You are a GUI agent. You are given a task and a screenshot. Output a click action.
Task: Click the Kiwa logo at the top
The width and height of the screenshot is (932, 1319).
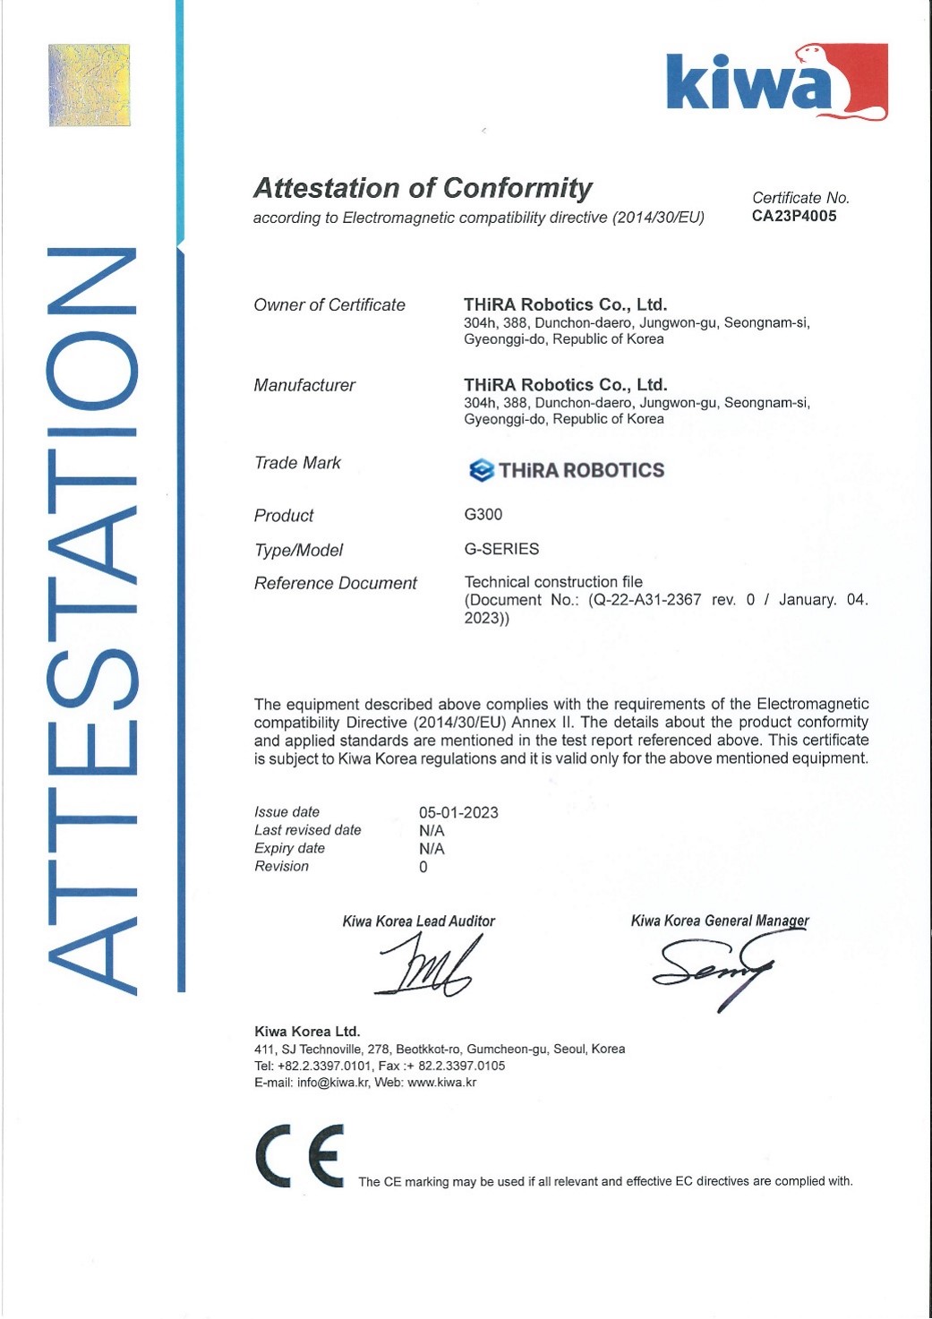(x=775, y=82)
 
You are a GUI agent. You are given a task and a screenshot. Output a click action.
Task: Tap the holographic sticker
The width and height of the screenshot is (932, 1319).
(x=89, y=85)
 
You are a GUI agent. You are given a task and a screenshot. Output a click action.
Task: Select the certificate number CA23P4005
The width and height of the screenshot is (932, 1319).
(x=794, y=216)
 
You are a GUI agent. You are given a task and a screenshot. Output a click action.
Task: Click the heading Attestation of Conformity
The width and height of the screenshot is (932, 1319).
(x=423, y=188)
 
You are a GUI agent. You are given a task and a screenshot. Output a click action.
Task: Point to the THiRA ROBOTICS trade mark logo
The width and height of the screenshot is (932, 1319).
(x=567, y=470)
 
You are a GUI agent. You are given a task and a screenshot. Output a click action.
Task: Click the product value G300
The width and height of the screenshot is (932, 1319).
(x=483, y=514)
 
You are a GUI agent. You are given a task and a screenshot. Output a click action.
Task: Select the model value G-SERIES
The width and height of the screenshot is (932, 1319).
(x=501, y=549)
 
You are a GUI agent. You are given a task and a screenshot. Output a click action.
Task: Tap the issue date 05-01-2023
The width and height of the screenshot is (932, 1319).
(x=458, y=812)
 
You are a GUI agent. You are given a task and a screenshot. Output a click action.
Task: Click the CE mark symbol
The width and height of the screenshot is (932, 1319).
(x=300, y=1156)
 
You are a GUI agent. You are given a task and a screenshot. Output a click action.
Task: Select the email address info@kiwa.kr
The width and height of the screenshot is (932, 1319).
(x=333, y=1083)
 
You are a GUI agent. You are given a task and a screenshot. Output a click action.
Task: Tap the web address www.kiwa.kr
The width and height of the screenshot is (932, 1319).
(x=441, y=1083)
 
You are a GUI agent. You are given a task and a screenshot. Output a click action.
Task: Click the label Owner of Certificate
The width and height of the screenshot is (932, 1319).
(x=329, y=305)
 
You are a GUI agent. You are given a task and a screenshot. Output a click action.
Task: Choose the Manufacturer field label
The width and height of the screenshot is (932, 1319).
(x=304, y=385)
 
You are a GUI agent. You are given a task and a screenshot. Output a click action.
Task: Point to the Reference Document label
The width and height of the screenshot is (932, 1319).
(x=335, y=584)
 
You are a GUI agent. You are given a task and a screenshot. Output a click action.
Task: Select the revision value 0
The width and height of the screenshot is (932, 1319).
(x=423, y=867)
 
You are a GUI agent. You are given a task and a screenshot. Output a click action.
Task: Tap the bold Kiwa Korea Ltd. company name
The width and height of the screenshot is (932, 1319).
(x=307, y=1031)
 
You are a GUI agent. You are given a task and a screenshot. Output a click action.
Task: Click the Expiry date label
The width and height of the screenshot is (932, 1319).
(x=289, y=848)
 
